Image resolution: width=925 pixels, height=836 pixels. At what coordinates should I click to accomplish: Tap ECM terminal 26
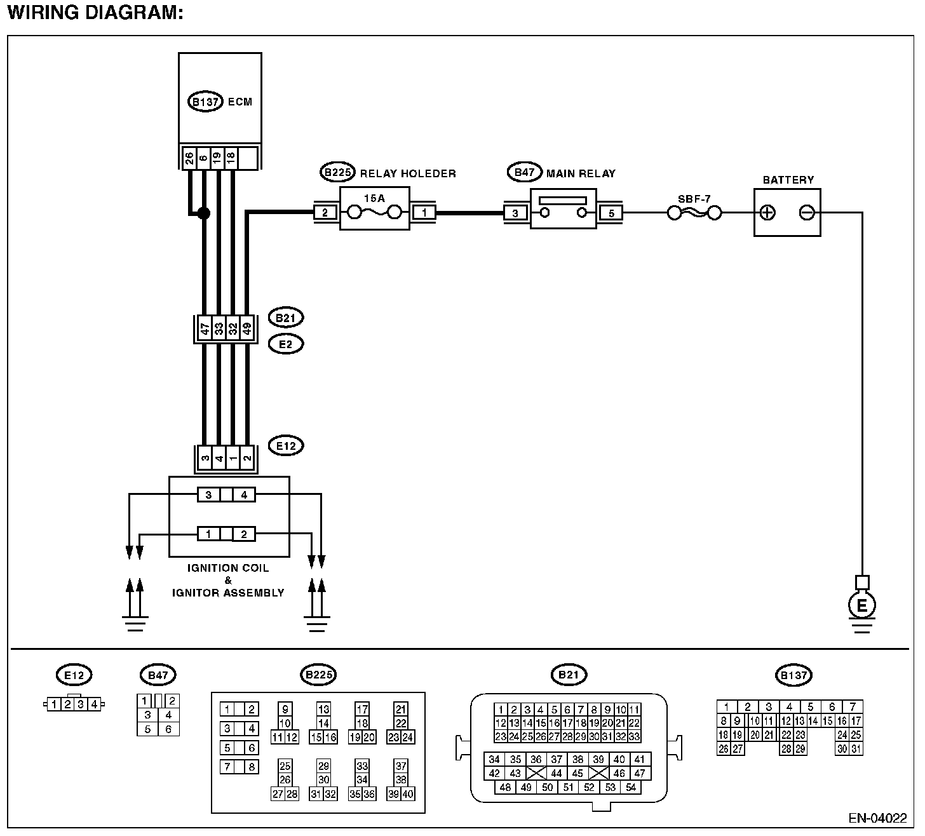(x=189, y=158)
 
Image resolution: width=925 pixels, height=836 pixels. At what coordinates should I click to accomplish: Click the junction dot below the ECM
(x=203, y=214)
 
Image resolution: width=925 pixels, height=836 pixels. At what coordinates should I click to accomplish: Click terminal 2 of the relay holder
(x=325, y=213)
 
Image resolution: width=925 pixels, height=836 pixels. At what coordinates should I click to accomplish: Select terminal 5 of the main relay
(x=611, y=213)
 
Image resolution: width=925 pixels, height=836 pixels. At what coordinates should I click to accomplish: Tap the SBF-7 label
(x=694, y=198)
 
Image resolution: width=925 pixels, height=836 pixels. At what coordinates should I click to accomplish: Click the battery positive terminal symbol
(x=768, y=213)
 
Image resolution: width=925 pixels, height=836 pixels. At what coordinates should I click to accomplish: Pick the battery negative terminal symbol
(x=807, y=213)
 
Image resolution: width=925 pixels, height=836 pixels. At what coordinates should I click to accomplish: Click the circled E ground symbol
(x=861, y=605)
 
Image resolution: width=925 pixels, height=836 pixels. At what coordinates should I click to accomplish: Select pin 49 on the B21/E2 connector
(x=247, y=329)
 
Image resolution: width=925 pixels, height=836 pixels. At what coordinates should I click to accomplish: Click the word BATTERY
(x=788, y=180)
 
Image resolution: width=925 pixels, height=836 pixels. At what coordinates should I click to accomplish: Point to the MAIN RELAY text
(x=581, y=173)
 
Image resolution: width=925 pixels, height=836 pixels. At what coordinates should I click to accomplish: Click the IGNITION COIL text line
(x=228, y=568)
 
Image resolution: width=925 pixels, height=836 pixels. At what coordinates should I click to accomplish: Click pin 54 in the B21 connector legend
(x=631, y=788)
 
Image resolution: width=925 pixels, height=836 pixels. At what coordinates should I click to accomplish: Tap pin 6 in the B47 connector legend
(x=168, y=729)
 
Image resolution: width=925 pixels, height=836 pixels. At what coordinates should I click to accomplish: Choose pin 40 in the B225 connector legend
(x=407, y=793)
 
